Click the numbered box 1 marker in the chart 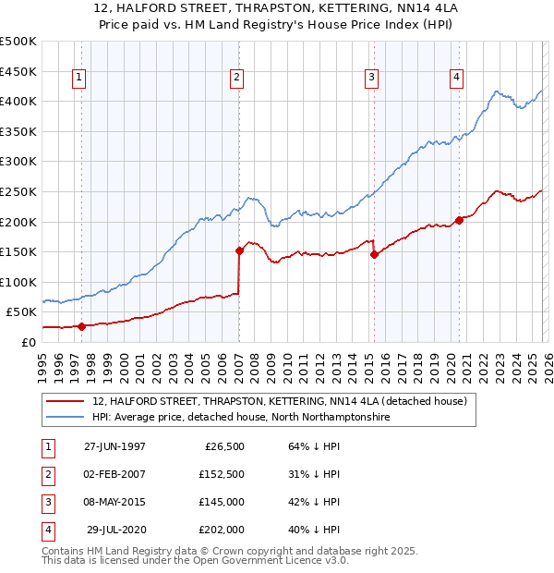click(80, 79)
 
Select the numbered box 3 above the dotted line click(372, 79)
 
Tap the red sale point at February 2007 click(239, 250)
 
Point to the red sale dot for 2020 click(459, 220)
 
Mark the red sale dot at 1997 click(81, 326)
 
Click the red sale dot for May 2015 click(374, 254)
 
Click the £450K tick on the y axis click(18, 71)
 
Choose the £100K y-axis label click(18, 282)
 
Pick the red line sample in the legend click(65, 401)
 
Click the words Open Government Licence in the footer click(268, 560)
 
